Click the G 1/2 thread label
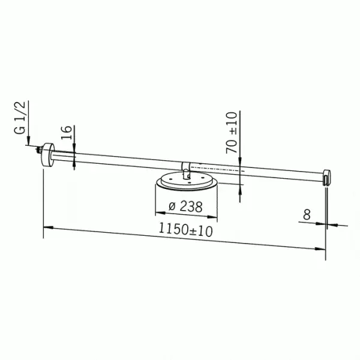pyautogui.click(x=20, y=118)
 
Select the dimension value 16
pyautogui.click(x=67, y=133)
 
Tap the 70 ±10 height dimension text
pyautogui.click(x=232, y=133)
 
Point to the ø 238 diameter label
pyautogui.click(x=185, y=206)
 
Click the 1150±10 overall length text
pyautogui.click(x=185, y=230)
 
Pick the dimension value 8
pyautogui.click(x=307, y=215)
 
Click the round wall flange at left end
pyautogui.click(x=48, y=155)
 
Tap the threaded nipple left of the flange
pyautogui.click(x=38, y=149)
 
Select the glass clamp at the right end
pyautogui.click(x=326, y=177)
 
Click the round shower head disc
pyautogui.click(x=187, y=181)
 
